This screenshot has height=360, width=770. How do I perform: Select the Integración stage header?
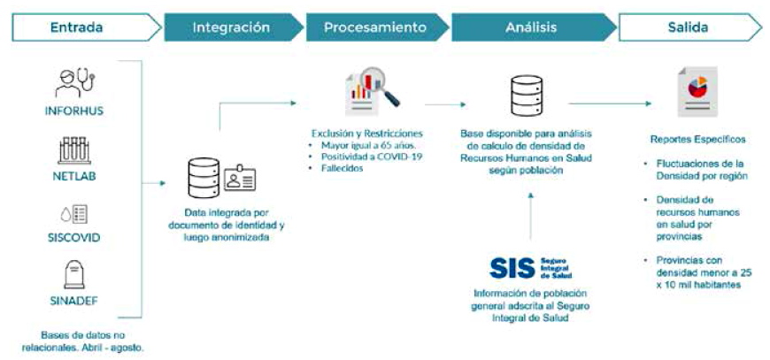[x=230, y=27]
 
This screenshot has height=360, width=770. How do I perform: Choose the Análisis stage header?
[x=531, y=27]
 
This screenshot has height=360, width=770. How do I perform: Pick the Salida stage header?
[x=687, y=27]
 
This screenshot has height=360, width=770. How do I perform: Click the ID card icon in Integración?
[x=240, y=179]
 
